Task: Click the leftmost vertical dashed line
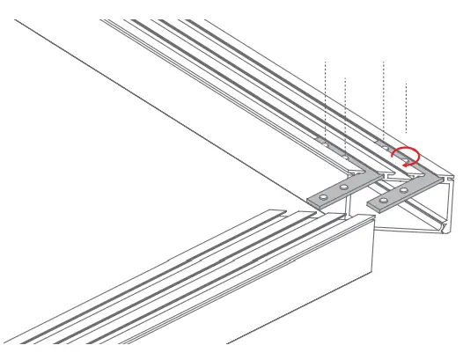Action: point(326,97)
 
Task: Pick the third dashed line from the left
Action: point(385,97)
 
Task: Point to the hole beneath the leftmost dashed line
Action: point(326,142)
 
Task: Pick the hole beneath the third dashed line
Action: point(385,143)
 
